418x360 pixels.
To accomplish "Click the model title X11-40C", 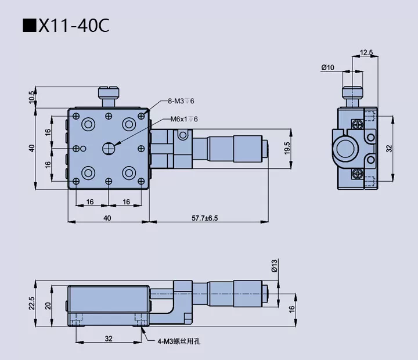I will tap(66, 26).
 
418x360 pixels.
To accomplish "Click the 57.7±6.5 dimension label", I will tap(209, 218).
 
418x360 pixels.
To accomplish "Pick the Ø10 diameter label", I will tap(327, 67).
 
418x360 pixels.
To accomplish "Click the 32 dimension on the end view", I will tap(390, 148).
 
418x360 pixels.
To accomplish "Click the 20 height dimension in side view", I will tap(48, 306).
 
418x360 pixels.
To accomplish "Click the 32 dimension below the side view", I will tap(108, 337).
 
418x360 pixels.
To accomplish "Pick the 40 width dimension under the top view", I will tap(107, 218).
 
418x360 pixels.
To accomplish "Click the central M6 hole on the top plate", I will tap(109, 148).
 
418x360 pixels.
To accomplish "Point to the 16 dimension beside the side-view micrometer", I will tap(291, 308).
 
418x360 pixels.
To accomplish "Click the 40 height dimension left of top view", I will tap(32, 148).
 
